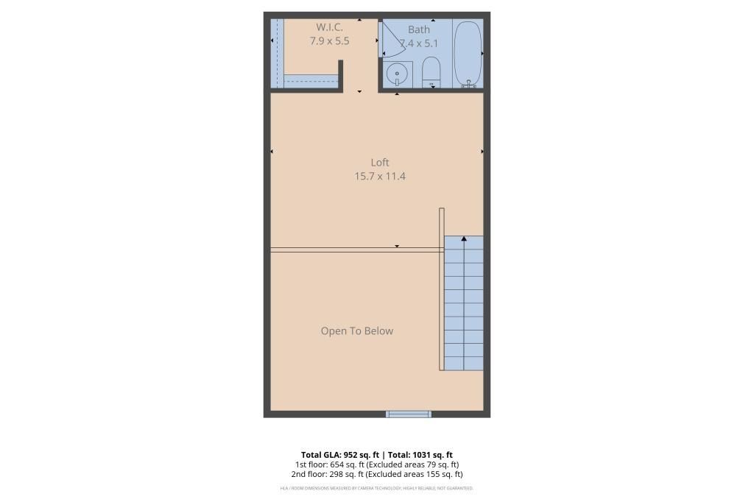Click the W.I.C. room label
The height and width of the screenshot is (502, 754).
[329, 27]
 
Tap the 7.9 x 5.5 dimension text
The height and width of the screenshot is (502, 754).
[329, 41]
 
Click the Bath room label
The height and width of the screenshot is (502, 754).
[419, 29]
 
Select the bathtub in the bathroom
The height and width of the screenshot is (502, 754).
[468, 53]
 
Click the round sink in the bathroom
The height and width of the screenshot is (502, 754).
[397, 74]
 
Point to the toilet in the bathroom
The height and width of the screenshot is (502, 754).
[431, 72]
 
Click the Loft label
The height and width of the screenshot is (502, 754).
[380, 162]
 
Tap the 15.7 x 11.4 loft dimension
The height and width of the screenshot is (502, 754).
[380, 176]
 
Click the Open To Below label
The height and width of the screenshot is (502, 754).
[357, 330]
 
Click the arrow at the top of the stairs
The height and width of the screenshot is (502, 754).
[464, 238]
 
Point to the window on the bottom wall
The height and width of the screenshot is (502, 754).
[409, 414]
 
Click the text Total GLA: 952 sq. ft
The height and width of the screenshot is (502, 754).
[340, 454]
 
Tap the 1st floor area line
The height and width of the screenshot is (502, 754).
[377, 464]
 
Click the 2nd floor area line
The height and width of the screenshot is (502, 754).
[377, 474]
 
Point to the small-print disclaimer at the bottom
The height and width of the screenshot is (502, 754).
[377, 488]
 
